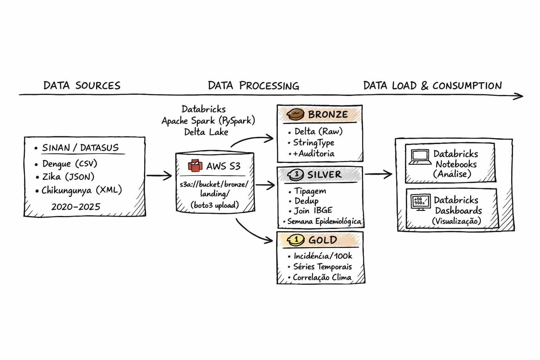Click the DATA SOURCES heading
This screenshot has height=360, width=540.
[82, 85]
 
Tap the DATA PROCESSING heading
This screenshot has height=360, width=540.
[253, 85]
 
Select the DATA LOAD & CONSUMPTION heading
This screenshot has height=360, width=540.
[432, 85]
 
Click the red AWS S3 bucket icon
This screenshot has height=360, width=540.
[195, 166]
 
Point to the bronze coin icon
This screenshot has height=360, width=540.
[295, 114]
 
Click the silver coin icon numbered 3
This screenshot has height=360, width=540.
[296, 174]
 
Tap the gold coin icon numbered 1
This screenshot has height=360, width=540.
[296, 240]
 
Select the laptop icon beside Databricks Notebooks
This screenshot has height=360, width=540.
[420, 157]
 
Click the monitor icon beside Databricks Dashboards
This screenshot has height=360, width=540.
[420, 202]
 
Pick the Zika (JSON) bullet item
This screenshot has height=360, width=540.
[68, 177]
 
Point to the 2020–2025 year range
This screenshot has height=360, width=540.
[76, 207]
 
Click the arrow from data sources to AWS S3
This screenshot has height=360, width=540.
[159, 175]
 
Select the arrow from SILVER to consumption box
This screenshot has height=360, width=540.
[378, 174]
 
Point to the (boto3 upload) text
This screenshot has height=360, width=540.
[215, 205]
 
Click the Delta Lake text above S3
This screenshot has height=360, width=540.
[206, 132]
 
